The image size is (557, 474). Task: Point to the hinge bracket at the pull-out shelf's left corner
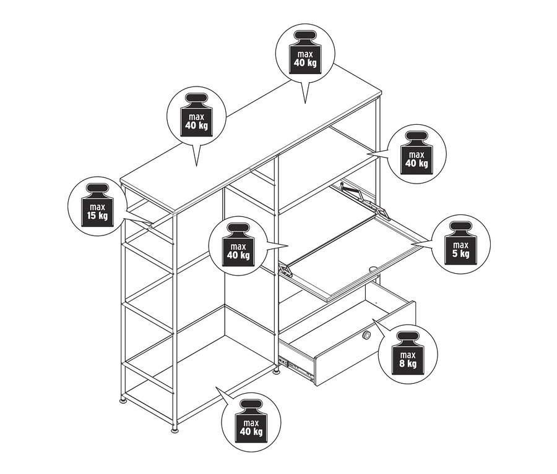pyautogui.click(x=285, y=269)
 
